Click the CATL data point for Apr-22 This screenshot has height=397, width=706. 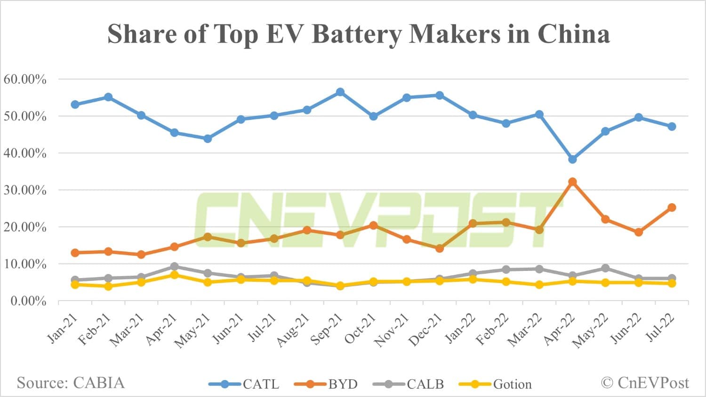tap(572, 159)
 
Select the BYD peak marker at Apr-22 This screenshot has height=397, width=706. tap(572, 182)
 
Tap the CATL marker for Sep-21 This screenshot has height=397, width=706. tap(340, 92)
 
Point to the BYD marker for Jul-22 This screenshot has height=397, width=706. tap(672, 207)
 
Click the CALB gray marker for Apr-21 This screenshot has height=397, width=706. tap(175, 267)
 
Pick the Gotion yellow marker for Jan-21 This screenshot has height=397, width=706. tap(75, 285)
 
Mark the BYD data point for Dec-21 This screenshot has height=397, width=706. tap(440, 248)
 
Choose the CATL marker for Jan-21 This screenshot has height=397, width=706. tap(75, 104)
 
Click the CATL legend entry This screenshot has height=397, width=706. tap(244, 384)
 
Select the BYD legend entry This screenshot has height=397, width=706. tap(326, 384)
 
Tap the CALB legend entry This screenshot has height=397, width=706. tap(409, 384)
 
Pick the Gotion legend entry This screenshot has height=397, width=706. tap(496, 384)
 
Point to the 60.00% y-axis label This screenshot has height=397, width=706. tap(25, 79)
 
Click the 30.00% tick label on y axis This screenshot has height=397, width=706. tap(25, 190)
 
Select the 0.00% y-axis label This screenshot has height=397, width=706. tap(28, 301)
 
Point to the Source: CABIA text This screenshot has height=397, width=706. tap(71, 383)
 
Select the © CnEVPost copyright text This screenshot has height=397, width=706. tap(645, 383)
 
